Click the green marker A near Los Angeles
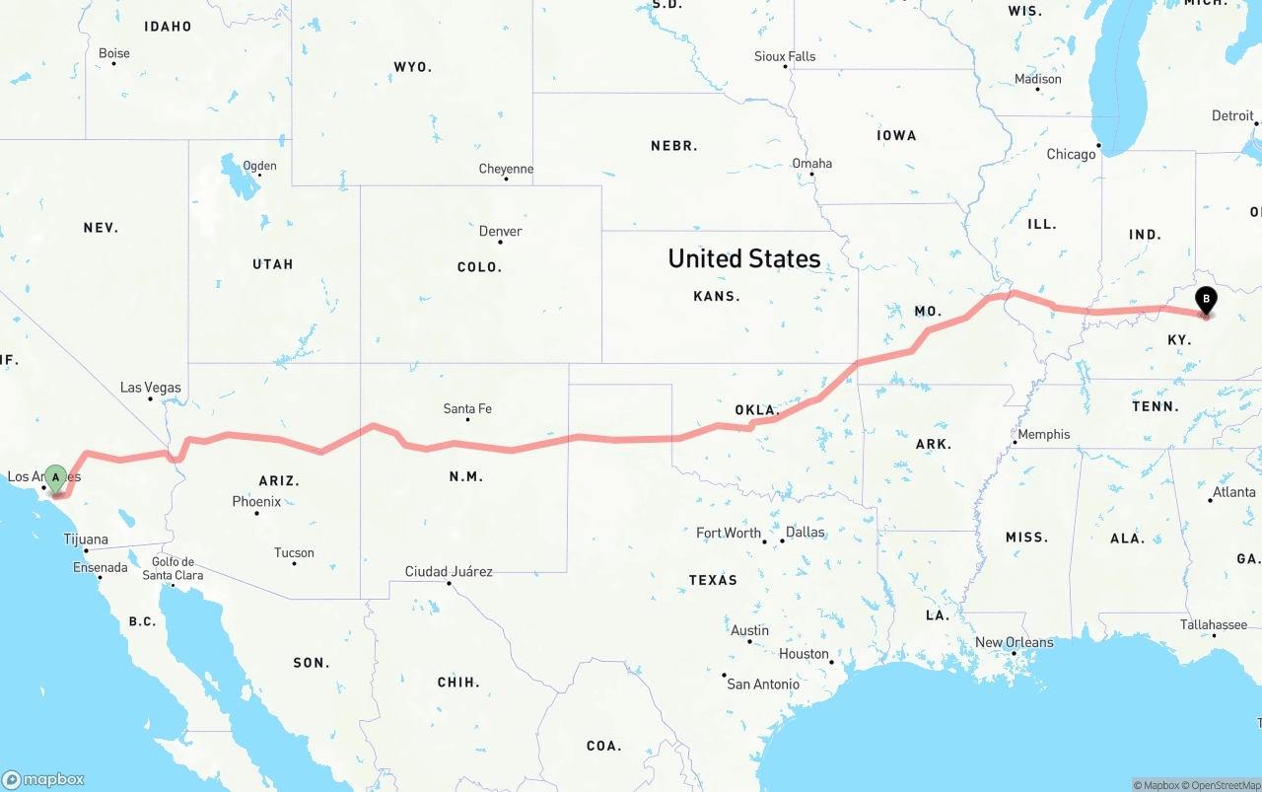[56, 478]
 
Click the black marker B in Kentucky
[1205, 300]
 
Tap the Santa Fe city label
[467, 408]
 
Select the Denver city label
[500, 232]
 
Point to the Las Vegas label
[150, 388]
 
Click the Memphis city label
[1043, 434]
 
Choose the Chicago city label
[1071, 154]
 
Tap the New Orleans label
[1014, 642]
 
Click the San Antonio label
[763, 684]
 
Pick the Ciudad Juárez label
[449, 572]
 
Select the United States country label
[744, 258]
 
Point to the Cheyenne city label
[506, 170]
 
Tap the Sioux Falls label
[785, 56]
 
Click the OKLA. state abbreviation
[756, 409]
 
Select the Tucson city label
[294, 553]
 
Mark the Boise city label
[114, 53]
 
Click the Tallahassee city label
[1214, 624]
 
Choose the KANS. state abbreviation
[717, 296]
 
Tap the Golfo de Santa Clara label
[173, 569]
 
